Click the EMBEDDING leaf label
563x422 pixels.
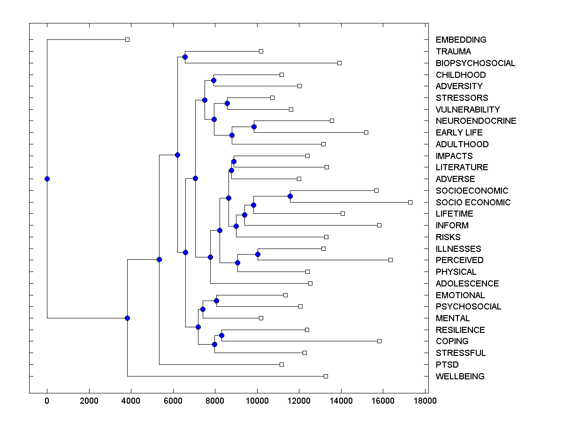coord(461,40)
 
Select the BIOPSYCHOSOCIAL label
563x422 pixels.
coord(475,63)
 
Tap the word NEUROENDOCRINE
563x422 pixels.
coord(476,121)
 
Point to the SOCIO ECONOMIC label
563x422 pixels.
coord(473,202)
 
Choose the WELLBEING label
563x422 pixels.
coord(460,376)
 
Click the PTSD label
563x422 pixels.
coord(447,364)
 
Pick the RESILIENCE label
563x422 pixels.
coord(460,330)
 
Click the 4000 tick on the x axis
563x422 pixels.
coord(131,400)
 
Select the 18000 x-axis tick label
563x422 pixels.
coord(425,400)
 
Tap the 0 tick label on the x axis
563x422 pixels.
coord(47,400)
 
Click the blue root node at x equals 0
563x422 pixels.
coord(47,179)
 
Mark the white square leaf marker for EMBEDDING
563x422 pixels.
coord(127,40)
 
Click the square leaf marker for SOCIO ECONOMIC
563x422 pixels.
coord(410,202)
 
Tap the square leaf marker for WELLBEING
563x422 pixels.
coord(326,376)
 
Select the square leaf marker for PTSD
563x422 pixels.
coord(281,364)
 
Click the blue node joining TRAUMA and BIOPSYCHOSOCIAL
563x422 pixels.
coord(185,57)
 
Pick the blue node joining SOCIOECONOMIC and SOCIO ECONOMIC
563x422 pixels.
coord(290,196)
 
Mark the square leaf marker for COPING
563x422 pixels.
coord(379,341)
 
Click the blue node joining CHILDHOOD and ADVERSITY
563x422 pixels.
coord(213,81)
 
